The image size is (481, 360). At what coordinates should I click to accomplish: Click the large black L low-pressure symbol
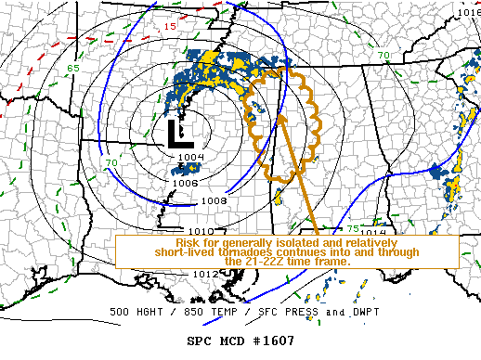coord(179,135)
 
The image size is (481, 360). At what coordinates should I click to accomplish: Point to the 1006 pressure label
coord(184,183)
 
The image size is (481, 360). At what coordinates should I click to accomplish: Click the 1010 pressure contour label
coord(201,230)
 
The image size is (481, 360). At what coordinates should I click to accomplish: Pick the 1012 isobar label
coord(206,274)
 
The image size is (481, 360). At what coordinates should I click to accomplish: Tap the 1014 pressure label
coord(372,233)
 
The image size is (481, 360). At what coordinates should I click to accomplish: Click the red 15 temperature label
coord(170,27)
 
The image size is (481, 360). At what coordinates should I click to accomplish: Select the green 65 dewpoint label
coord(72,68)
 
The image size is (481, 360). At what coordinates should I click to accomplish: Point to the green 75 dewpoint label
coord(352,228)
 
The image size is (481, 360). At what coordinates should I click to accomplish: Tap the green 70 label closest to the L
coord(110,163)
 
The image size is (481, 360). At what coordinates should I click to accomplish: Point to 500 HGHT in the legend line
coord(137,311)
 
